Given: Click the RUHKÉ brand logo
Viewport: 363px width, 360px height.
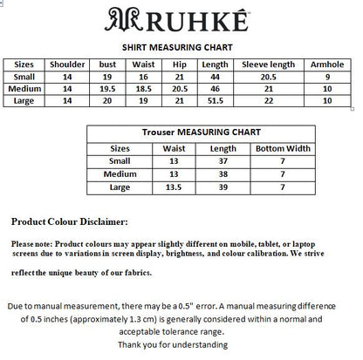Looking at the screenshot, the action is coord(181,19).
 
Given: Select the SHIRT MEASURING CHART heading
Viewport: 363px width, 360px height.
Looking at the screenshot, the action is coord(181,48).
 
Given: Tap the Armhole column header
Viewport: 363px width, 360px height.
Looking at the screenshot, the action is coord(327,65).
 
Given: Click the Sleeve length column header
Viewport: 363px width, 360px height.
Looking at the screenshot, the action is coord(268,65).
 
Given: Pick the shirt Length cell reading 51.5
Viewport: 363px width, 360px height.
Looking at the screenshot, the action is coord(215,101).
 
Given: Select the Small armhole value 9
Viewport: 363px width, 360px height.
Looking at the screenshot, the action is coord(327,78).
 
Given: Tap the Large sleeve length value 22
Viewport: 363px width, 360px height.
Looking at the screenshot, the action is coord(268,101).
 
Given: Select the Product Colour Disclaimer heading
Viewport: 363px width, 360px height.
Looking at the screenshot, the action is coord(69,222).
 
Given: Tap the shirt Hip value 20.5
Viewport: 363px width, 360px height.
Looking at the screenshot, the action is coord(181,89).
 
